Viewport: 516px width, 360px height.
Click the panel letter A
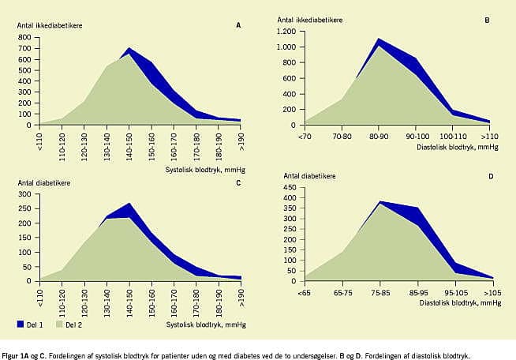click(238, 25)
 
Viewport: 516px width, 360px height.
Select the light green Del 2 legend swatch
click(58, 323)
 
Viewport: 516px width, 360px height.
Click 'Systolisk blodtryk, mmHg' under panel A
click(204, 168)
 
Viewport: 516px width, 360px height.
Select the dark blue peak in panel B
click(380, 39)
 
